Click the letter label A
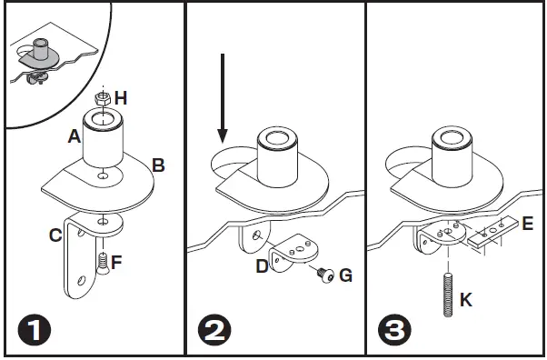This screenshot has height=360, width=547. [74, 136]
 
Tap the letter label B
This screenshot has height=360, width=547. [158, 165]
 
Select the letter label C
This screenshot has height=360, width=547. [56, 235]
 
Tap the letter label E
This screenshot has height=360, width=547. [528, 221]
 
